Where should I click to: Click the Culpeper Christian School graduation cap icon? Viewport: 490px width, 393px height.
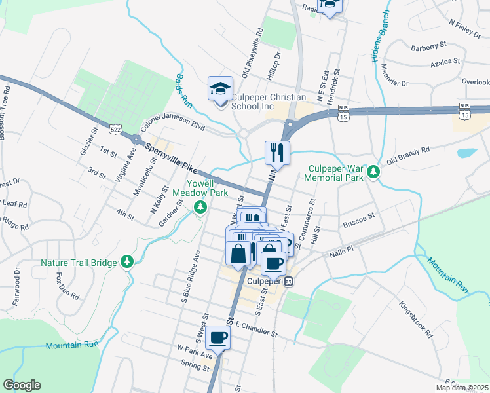tap(220, 88)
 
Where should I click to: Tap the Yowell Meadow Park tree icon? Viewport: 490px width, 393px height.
tap(201, 208)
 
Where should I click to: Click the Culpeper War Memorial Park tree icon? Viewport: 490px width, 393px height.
tap(373, 171)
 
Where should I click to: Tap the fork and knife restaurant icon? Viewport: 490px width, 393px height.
tap(277, 153)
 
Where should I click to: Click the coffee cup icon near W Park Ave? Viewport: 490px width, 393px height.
tap(218, 338)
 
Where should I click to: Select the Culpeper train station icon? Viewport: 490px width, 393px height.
tap(288, 281)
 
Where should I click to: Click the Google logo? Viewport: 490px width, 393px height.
tap(22, 385)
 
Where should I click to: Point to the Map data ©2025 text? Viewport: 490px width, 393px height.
tap(462, 388)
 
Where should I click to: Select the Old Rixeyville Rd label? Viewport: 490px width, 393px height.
tap(252, 53)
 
